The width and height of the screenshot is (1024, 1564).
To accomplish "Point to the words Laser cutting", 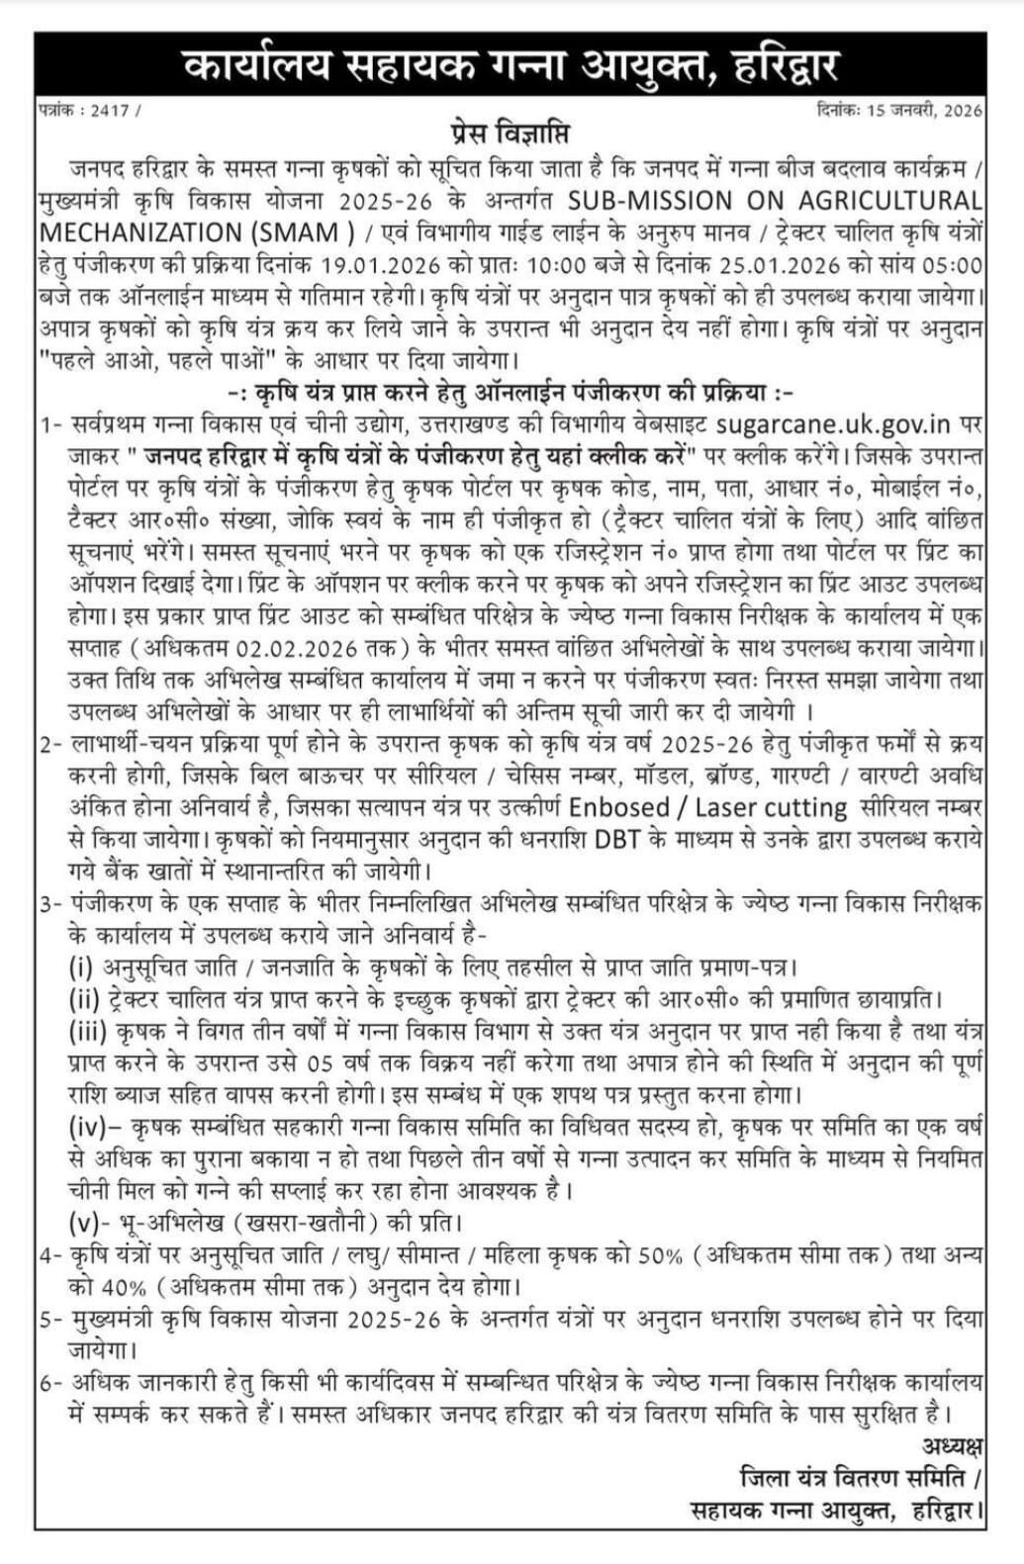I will click(772, 808).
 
